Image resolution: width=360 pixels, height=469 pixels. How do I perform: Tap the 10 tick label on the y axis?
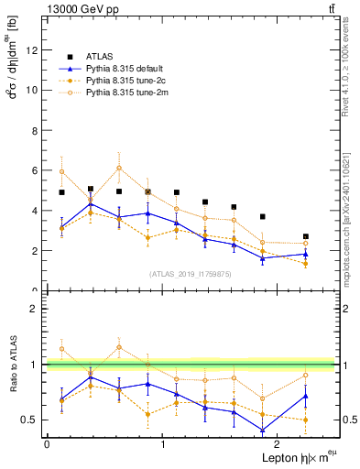(33, 90)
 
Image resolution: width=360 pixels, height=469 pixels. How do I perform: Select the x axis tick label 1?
(163, 444)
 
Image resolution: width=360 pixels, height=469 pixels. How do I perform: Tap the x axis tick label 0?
(47, 444)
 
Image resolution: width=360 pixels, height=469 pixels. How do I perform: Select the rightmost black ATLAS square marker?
(306, 236)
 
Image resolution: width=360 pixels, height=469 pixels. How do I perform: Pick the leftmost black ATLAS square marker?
(61, 192)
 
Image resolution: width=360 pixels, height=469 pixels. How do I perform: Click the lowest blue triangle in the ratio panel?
(263, 431)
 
